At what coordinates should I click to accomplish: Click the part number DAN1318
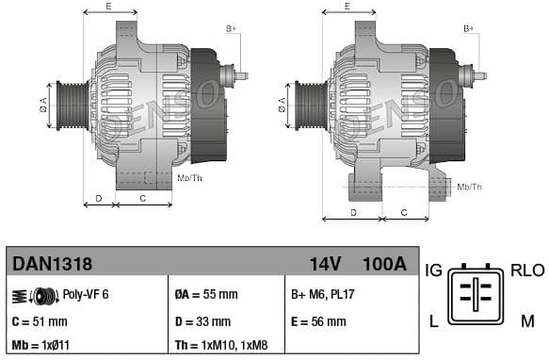coord(50,264)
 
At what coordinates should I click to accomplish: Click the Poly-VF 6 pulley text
coord(86,295)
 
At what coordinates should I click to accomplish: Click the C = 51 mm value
coord(40,321)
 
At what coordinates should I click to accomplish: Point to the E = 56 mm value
coord(318,321)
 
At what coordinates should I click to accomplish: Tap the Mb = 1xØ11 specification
coord(43,346)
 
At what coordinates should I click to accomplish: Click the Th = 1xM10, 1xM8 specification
coord(227,346)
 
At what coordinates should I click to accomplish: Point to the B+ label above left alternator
coord(232,29)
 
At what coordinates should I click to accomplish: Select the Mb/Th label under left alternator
coord(189,177)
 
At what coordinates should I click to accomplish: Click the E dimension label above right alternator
coord(347,7)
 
